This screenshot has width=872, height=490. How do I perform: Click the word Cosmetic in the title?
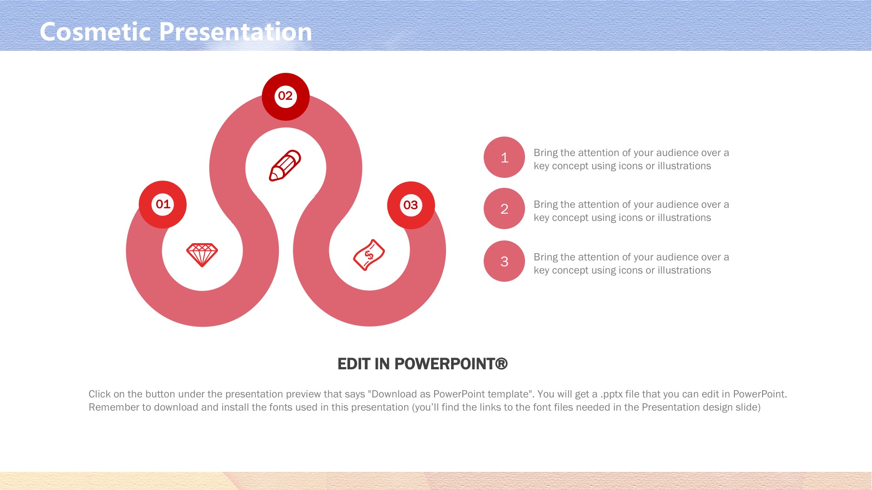click(95, 32)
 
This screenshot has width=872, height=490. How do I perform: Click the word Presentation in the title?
click(236, 32)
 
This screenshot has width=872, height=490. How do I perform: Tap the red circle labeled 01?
click(163, 204)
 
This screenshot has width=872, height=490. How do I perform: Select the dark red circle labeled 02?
click(286, 97)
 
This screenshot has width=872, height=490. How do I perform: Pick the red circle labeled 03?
click(411, 205)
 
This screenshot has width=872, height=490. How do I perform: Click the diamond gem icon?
click(202, 255)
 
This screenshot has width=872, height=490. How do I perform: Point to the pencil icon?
click(285, 166)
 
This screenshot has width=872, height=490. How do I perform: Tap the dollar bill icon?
click(369, 255)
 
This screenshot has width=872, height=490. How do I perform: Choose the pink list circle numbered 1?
click(504, 157)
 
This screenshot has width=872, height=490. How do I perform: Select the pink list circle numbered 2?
click(504, 209)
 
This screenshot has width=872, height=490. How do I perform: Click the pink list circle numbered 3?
click(504, 261)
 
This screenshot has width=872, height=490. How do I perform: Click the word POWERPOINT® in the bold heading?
click(451, 364)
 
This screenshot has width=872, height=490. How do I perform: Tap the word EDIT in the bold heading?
click(354, 364)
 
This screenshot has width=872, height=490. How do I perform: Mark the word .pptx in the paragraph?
click(611, 394)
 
